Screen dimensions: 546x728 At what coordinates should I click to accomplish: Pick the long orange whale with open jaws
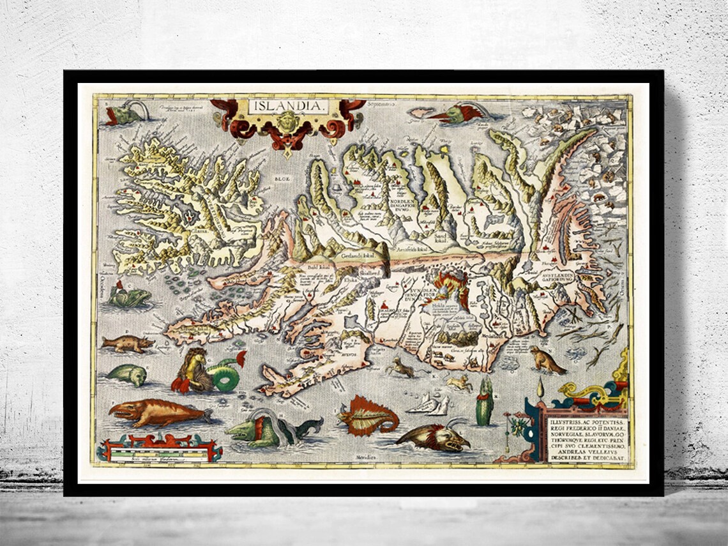pyautogui.click(x=157, y=413)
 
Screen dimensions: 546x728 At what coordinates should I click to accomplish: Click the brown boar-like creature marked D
pyautogui.click(x=128, y=344)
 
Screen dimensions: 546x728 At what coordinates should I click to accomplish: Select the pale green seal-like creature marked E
pyautogui.click(x=126, y=374)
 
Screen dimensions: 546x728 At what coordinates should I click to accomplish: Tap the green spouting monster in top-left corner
pyautogui.click(x=125, y=113)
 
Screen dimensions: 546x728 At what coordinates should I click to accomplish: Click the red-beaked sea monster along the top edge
pyautogui.click(x=457, y=114)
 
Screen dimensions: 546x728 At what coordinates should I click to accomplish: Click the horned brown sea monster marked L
pyautogui.click(x=434, y=437)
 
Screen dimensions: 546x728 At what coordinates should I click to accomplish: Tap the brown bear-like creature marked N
pyautogui.click(x=546, y=361)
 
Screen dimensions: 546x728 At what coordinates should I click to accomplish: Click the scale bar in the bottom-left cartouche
pyautogui.click(x=159, y=454)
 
